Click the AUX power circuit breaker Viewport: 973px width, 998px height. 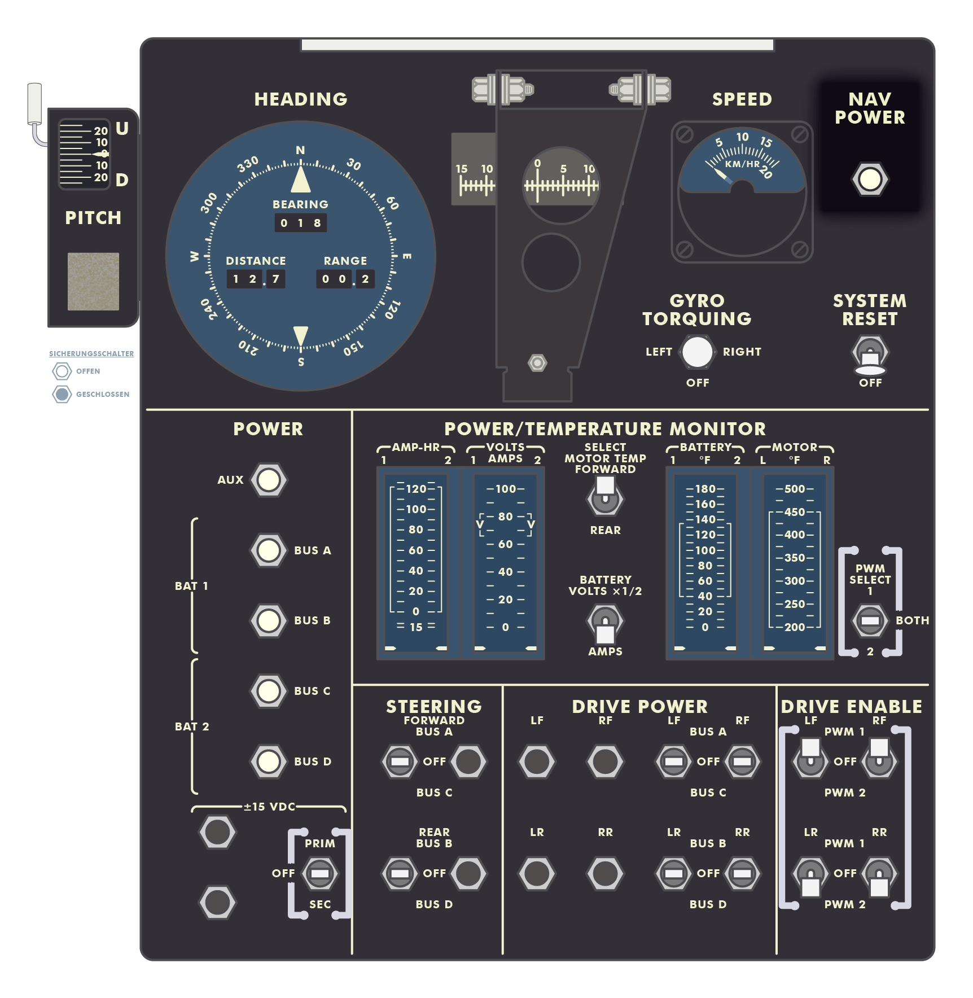(269, 480)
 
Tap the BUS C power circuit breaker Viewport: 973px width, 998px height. (269, 691)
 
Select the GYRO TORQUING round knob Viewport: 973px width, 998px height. (698, 352)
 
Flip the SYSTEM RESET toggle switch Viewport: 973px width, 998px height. (870, 356)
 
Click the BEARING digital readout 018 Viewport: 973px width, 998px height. (300, 223)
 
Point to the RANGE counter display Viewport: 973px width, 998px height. (345, 279)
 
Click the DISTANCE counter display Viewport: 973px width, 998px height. (256, 279)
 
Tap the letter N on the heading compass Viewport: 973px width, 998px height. (300, 150)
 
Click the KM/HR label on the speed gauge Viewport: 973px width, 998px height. (742, 164)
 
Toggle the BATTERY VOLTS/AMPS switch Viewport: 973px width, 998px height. (605, 624)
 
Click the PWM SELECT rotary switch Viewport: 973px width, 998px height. (870, 620)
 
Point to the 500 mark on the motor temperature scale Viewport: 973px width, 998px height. (795, 489)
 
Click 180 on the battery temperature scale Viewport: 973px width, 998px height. (705, 489)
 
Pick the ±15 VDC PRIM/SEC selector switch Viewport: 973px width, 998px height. (320, 874)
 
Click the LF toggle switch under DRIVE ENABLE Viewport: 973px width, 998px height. (810, 757)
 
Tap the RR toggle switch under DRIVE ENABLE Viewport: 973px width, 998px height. (879, 878)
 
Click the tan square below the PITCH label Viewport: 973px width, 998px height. (93, 281)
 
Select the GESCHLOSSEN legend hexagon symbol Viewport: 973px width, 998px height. (62, 394)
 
